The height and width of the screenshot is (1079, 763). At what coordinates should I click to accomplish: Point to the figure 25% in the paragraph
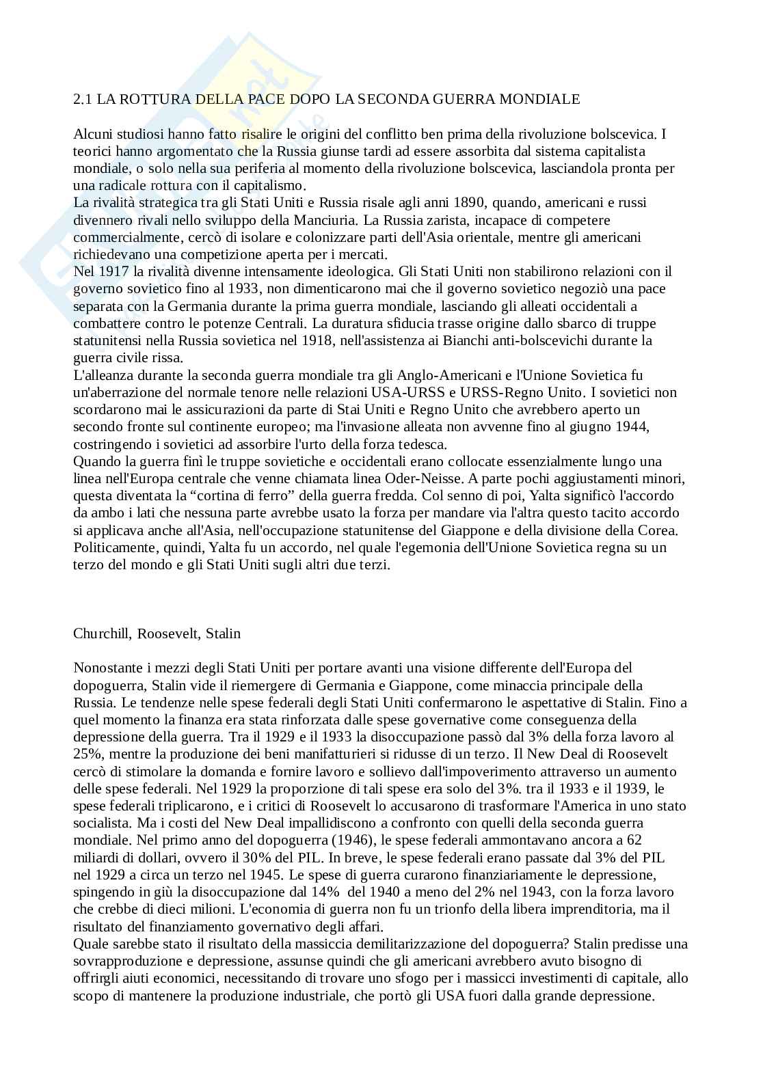[87, 754]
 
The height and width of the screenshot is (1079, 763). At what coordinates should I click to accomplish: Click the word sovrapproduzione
[120, 961]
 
